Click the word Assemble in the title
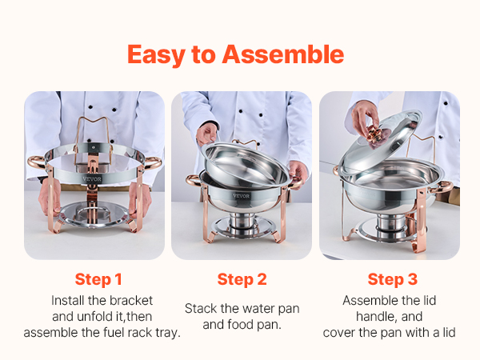[283, 54]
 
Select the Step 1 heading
[98, 279]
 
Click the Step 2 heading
[242, 279]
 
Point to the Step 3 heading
[393, 279]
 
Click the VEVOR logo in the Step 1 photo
[92, 179]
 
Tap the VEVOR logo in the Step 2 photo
[242, 196]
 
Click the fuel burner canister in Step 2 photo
[242, 223]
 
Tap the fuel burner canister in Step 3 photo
[392, 226]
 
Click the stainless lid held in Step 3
[379, 142]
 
